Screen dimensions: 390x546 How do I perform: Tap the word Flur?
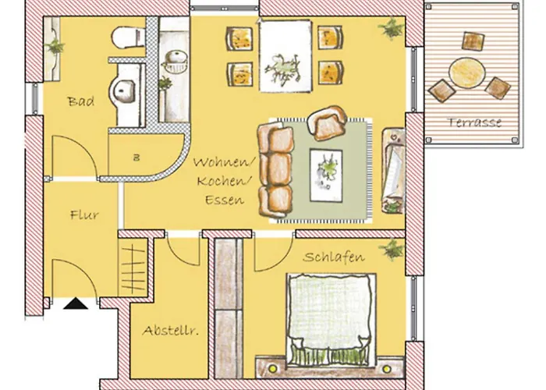coord(83,214)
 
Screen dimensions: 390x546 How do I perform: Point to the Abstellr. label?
coord(169,331)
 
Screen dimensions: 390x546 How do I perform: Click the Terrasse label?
coord(474,122)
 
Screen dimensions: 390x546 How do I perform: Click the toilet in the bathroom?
coord(126,37)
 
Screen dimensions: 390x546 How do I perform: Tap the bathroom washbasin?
coord(124,92)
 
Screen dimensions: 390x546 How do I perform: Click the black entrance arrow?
coord(76,306)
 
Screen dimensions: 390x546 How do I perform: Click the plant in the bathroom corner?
coord(55,44)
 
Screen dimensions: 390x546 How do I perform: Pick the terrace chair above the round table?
coord(472,40)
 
